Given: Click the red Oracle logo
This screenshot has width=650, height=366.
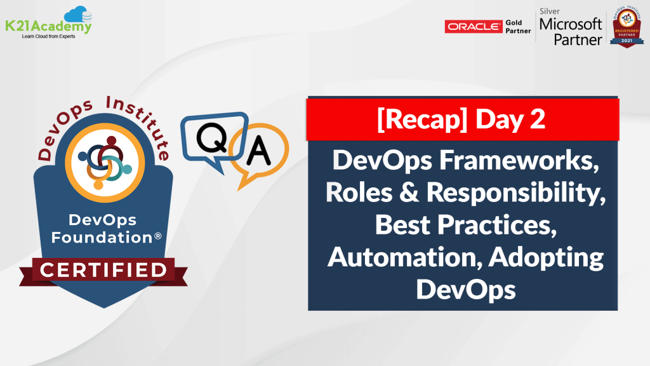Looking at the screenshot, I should [x=474, y=26].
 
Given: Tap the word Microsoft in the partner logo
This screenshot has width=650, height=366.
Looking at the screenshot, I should [x=570, y=25].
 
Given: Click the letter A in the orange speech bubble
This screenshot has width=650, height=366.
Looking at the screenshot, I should [x=258, y=151].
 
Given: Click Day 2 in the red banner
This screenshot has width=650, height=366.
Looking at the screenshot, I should [x=512, y=119].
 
